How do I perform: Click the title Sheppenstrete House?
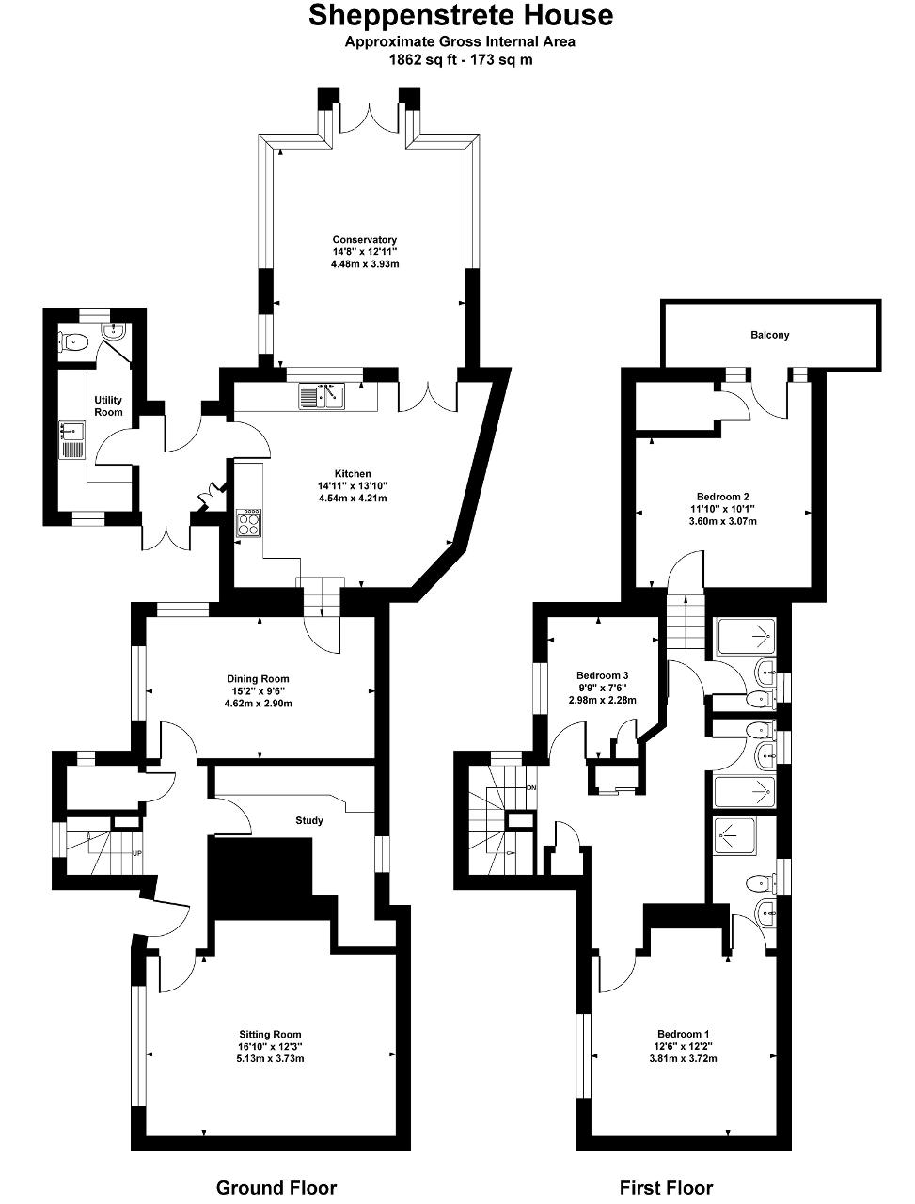[x=461, y=16]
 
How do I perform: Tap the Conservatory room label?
[x=365, y=240]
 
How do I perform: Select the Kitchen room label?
[x=353, y=473]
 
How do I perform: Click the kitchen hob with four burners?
[x=249, y=522]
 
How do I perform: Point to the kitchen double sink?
[x=322, y=396]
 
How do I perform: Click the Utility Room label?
[x=108, y=406]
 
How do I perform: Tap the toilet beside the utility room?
[x=74, y=342]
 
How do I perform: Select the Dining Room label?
[x=259, y=679]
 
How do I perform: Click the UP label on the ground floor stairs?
[x=137, y=853]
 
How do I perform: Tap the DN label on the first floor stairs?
[x=531, y=787]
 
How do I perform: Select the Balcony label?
[x=770, y=335]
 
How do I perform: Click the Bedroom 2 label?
[x=722, y=497]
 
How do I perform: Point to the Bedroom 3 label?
[x=602, y=675]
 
